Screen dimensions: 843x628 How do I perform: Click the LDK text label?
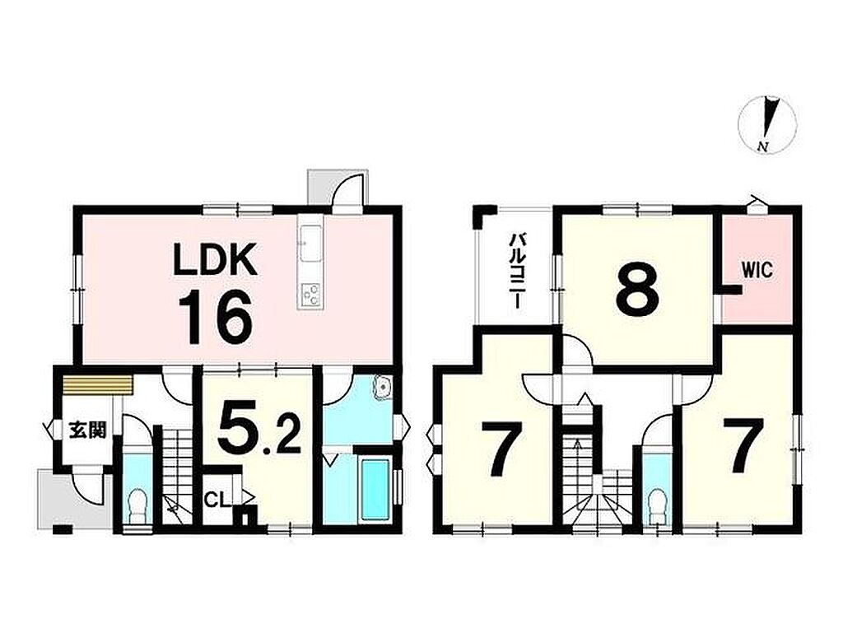pyautogui.click(x=215, y=260)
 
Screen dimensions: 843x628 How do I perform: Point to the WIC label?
pyautogui.click(x=757, y=270)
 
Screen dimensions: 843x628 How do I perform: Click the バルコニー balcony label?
pyautogui.click(x=515, y=270)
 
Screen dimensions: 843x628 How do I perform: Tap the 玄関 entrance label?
pyautogui.click(x=87, y=430)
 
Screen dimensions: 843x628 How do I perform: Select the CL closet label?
pyautogui.click(x=218, y=500)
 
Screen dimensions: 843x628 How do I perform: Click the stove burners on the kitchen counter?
pyautogui.click(x=310, y=295)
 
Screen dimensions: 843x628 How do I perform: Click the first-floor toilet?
pyautogui.click(x=138, y=506)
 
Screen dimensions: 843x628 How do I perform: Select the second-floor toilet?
pyautogui.click(x=656, y=508)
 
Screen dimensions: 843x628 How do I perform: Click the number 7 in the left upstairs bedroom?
pyautogui.click(x=501, y=449)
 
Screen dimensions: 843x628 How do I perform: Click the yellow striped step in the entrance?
pyautogui.click(x=97, y=385)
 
